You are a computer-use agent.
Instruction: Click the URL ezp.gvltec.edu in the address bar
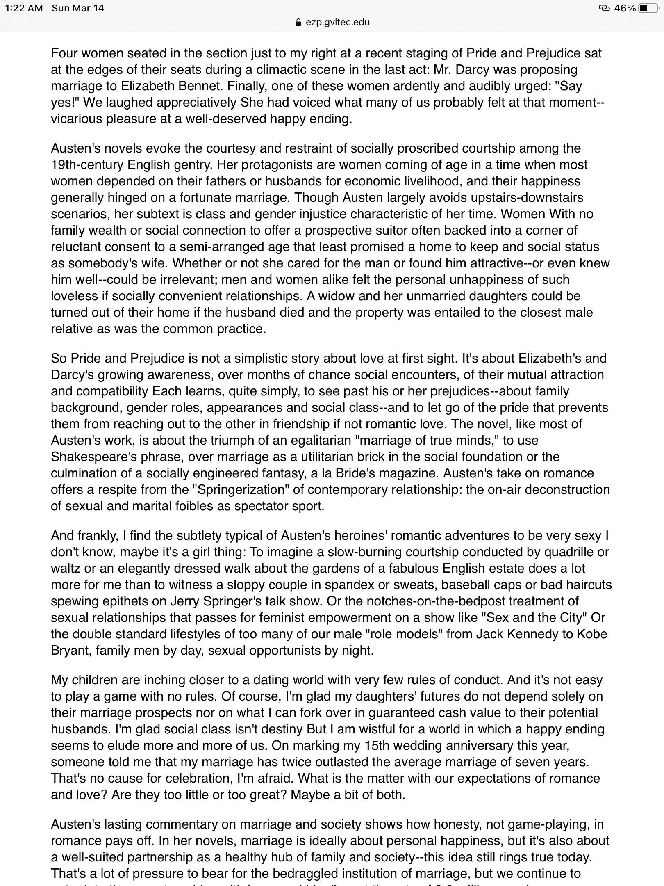[x=338, y=23]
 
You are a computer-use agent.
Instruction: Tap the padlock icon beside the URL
[x=299, y=23]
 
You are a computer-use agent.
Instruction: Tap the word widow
[x=337, y=296]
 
